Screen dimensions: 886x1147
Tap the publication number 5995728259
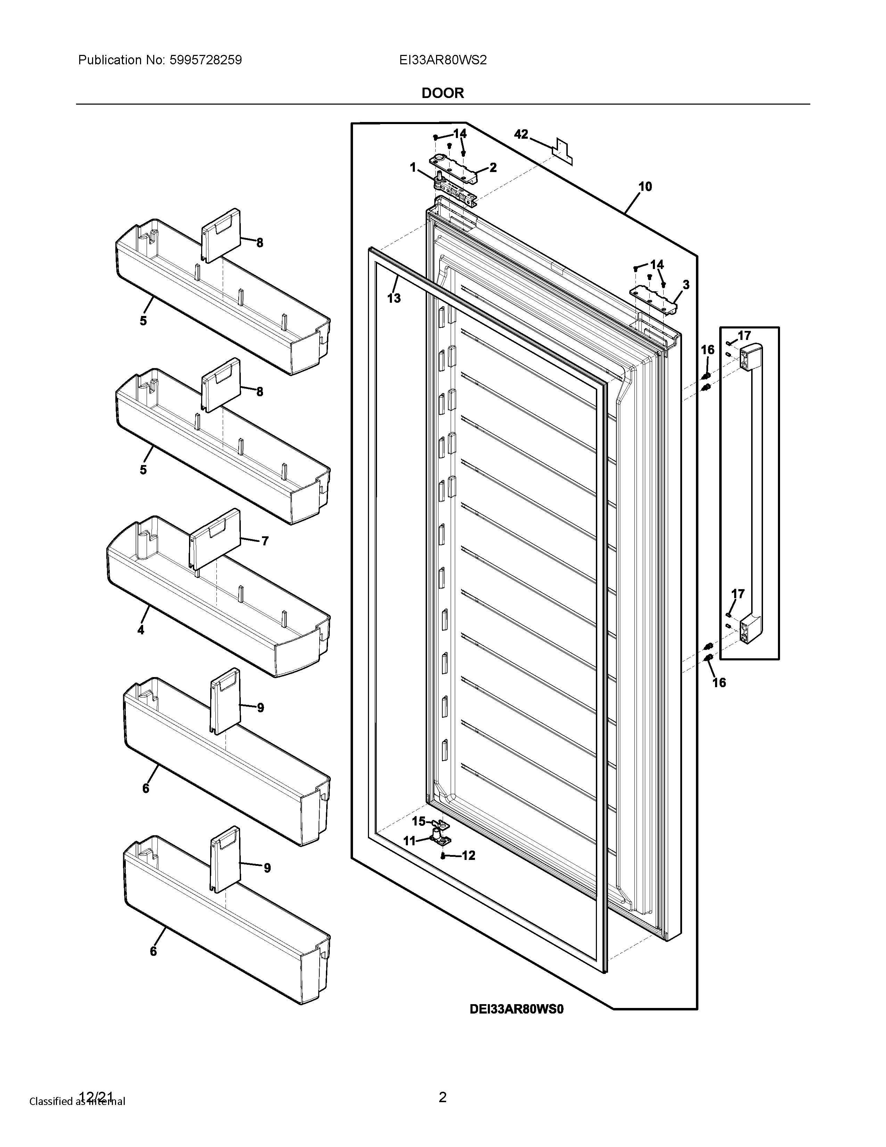coord(205,60)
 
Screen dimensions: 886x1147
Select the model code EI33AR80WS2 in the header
coord(442,60)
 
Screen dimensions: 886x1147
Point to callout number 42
coord(521,135)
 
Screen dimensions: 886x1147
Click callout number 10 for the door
coord(645,186)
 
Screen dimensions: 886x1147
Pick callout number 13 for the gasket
coord(394,298)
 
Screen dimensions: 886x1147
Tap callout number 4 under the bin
coord(141,630)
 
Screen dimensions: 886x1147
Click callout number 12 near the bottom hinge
coord(468,855)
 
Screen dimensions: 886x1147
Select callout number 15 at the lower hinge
coord(418,821)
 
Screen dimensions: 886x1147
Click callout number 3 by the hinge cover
coord(686,285)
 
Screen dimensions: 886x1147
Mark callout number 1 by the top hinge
coord(413,168)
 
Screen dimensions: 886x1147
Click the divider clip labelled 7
coord(215,538)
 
